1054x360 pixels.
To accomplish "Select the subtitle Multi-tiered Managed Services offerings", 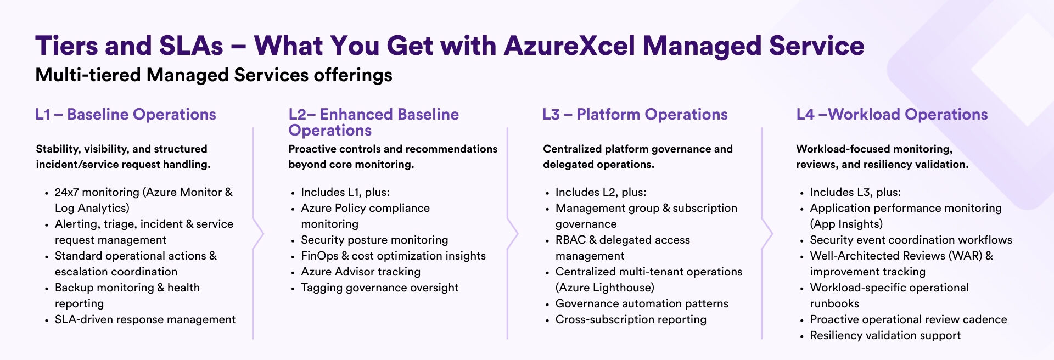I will (214, 75).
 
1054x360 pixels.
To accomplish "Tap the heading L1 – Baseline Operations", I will (125, 114).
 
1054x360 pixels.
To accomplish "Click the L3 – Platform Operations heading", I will (635, 114).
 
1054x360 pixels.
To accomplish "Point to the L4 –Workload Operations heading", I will (892, 114).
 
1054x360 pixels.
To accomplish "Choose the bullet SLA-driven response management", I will (145, 319).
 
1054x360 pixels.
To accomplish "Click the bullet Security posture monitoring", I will (374, 240).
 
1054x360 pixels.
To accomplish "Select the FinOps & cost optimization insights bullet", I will (393, 256).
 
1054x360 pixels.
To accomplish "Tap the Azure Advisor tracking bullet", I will (361, 272).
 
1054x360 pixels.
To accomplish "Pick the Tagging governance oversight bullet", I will (379, 288).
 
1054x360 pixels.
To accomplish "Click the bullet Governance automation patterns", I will (642, 303).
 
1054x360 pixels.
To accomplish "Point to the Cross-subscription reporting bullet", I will (631, 319).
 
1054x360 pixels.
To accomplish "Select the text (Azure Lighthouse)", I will (604, 288).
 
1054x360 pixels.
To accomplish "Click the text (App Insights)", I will (846, 224).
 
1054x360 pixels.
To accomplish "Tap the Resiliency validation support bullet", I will (885, 335).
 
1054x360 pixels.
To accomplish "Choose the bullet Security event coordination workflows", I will (911, 240).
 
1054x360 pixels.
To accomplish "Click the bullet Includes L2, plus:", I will (601, 192).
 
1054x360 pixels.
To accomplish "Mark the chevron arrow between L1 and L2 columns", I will (258, 234).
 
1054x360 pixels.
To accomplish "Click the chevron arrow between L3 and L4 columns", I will (767, 234).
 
